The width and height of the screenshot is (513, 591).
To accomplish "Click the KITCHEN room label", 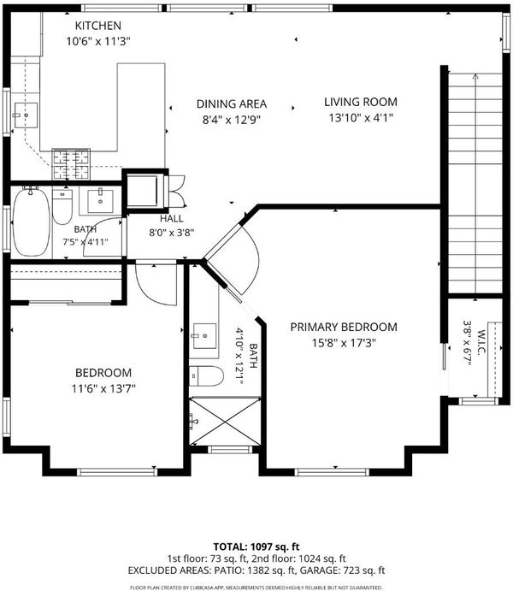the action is click(x=98, y=26).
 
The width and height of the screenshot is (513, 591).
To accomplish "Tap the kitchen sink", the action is click(x=26, y=115).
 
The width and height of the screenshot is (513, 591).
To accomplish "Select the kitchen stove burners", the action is click(x=71, y=164).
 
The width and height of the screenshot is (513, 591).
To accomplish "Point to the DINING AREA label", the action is click(x=232, y=103).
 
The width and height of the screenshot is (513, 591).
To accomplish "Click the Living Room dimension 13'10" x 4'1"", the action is click(x=361, y=118).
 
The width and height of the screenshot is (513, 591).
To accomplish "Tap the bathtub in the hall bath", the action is click(x=31, y=222).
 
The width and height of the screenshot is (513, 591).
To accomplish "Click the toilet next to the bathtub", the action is click(x=62, y=206).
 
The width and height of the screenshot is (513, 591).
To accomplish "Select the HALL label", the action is click(x=172, y=219).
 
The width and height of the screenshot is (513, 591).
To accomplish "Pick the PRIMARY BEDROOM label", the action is click(x=344, y=327).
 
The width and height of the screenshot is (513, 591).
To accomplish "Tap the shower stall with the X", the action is click(x=225, y=421).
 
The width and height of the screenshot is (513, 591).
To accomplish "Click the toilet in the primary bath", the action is click(x=206, y=375).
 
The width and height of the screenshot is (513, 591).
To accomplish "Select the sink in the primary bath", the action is click(x=205, y=336).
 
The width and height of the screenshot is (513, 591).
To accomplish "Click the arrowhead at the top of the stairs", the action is click(x=475, y=76).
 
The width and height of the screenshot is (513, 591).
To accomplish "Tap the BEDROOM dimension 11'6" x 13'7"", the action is click(x=103, y=388).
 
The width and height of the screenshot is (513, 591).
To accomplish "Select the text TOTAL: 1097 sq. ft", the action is click(x=256, y=547).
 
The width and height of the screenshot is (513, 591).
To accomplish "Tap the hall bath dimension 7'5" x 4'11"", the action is click(x=85, y=241).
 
